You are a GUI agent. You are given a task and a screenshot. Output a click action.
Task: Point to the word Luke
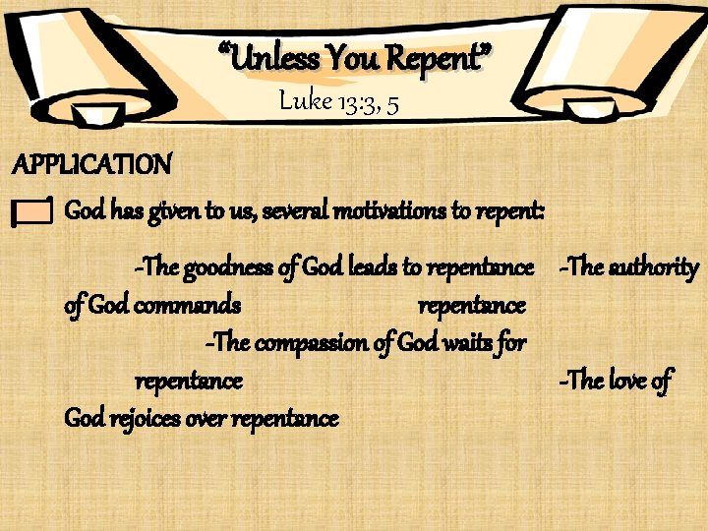coord(306,100)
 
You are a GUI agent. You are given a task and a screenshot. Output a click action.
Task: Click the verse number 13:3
coord(360,102)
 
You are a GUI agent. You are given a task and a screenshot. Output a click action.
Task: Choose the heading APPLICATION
coord(91,163)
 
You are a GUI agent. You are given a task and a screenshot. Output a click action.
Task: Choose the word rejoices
coord(153,419)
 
